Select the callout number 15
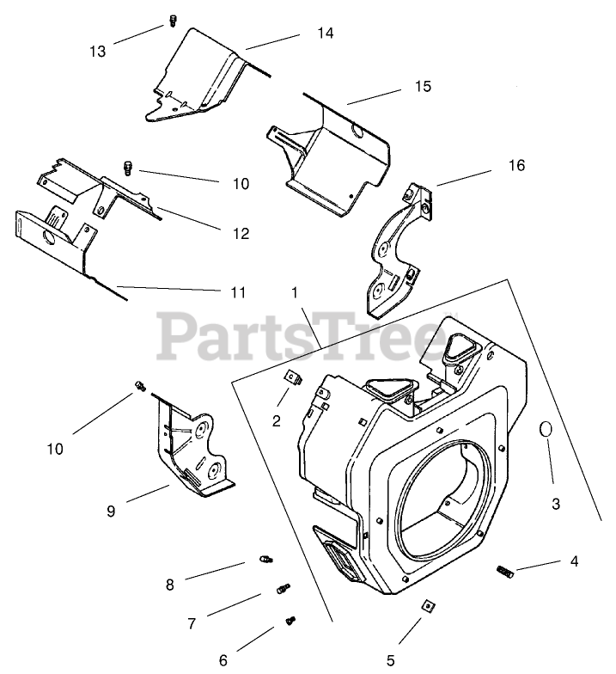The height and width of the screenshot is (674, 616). (x=422, y=87)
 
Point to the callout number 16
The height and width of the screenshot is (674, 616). (x=516, y=165)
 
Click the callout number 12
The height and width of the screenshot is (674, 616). (x=240, y=233)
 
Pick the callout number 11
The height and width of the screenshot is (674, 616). (x=238, y=292)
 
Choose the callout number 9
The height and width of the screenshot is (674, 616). (x=111, y=511)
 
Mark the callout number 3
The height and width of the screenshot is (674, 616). (x=555, y=505)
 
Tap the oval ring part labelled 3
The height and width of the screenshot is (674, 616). (x=546, y=430)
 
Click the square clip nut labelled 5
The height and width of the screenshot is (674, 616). (x=425, y=606)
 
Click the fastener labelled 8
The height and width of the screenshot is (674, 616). (x=265, y=561)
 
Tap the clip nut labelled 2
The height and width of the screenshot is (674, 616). (x=293, y=376)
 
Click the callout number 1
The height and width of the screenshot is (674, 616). (x=295, y=292)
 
